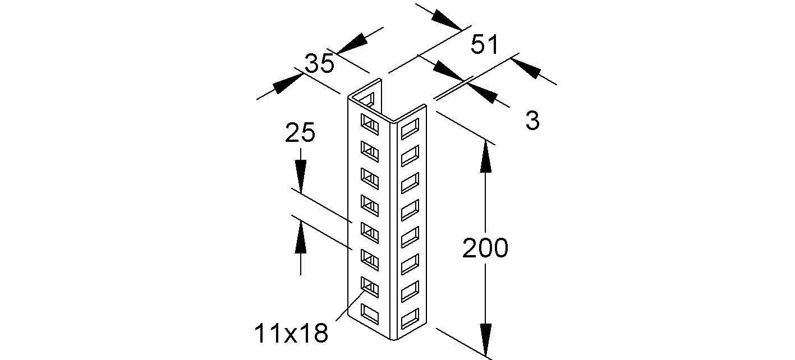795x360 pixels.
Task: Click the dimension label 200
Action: tap(485, 248)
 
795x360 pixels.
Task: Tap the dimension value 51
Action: tap(484, 45)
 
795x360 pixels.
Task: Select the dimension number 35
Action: tap(319, 64)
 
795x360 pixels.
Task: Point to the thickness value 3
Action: tap(532, 121)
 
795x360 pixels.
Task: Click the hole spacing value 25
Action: tap(300, 133)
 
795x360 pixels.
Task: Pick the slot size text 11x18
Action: tap(291, 334)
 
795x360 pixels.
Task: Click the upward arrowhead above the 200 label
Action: tap(486, 159)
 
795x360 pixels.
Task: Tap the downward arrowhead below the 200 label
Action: tap(486, 336)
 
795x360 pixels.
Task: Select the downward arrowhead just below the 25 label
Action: tap(301, 177)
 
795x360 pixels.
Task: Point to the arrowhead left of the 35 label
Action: tap(287, 84)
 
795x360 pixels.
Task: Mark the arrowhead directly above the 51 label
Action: tap(448, 20)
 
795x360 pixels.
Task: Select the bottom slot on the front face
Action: tap(369, 313)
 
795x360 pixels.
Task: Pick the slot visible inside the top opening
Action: tap(368, 100)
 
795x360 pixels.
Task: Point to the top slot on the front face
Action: tap(369, 122)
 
